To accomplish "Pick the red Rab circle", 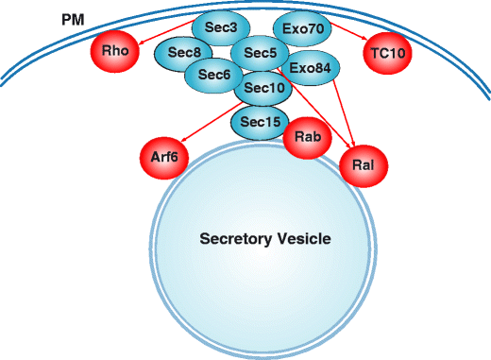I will tap(306, 138).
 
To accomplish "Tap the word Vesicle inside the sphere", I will tap(305, 239).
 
